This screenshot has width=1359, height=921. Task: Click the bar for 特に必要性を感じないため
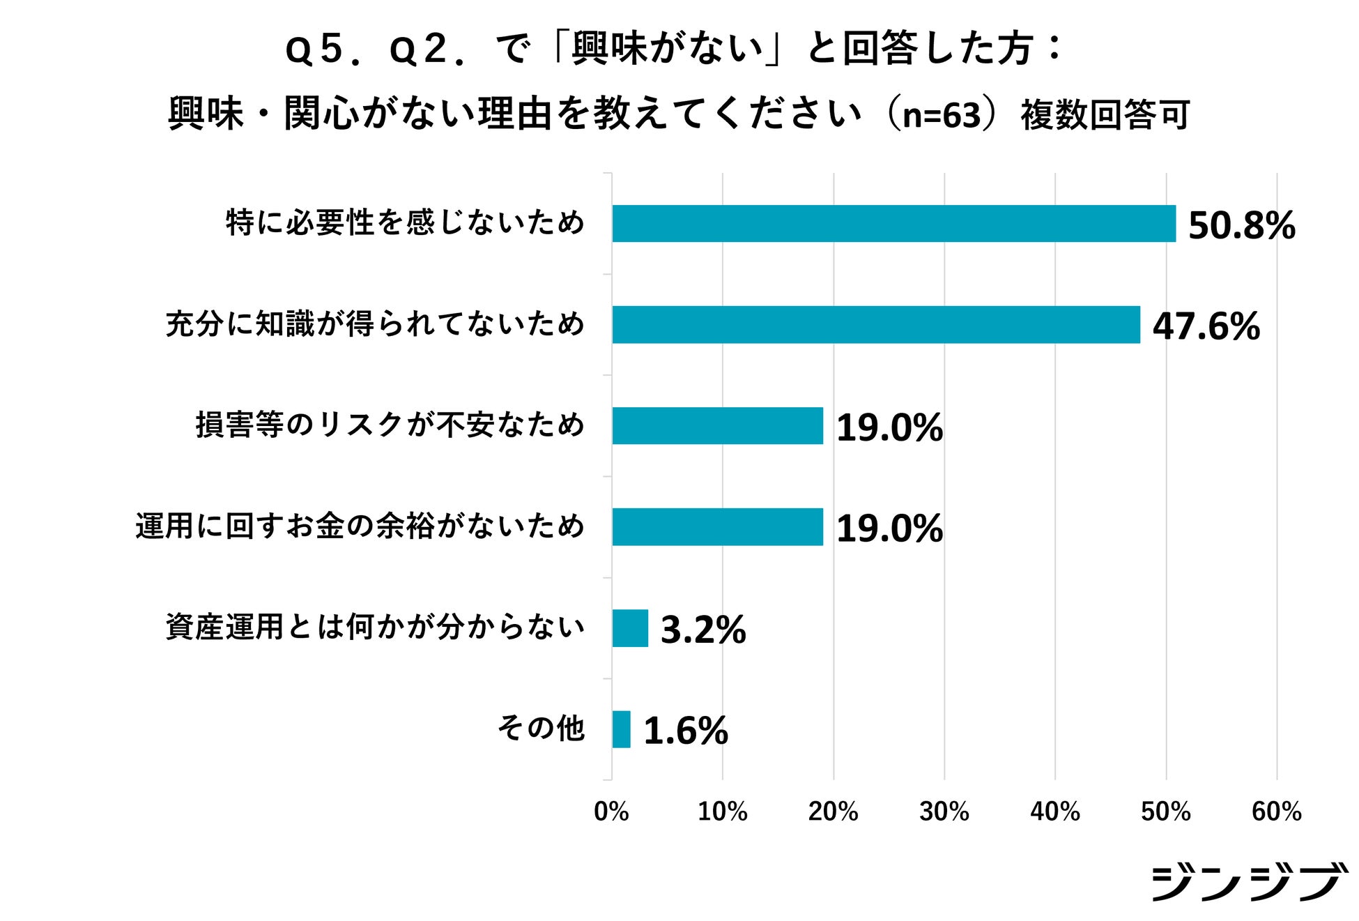893,224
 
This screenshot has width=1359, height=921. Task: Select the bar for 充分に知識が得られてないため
876,325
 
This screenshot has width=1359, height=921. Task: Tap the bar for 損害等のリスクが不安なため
717,426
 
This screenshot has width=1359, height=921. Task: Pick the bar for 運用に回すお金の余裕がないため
717,527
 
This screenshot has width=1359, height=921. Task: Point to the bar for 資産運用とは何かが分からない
630,628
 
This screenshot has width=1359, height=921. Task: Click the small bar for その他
621,729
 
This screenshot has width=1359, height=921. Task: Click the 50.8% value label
1241,226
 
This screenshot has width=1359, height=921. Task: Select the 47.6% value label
1206,326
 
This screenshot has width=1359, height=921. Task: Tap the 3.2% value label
702,630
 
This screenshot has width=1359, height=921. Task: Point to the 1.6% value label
685,731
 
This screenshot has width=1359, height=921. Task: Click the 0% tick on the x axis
611,812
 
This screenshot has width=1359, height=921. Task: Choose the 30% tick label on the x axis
944,812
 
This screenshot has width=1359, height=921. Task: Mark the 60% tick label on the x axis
1276,812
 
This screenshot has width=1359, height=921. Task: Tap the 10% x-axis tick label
722,812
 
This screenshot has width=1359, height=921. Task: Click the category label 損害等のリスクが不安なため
390,425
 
